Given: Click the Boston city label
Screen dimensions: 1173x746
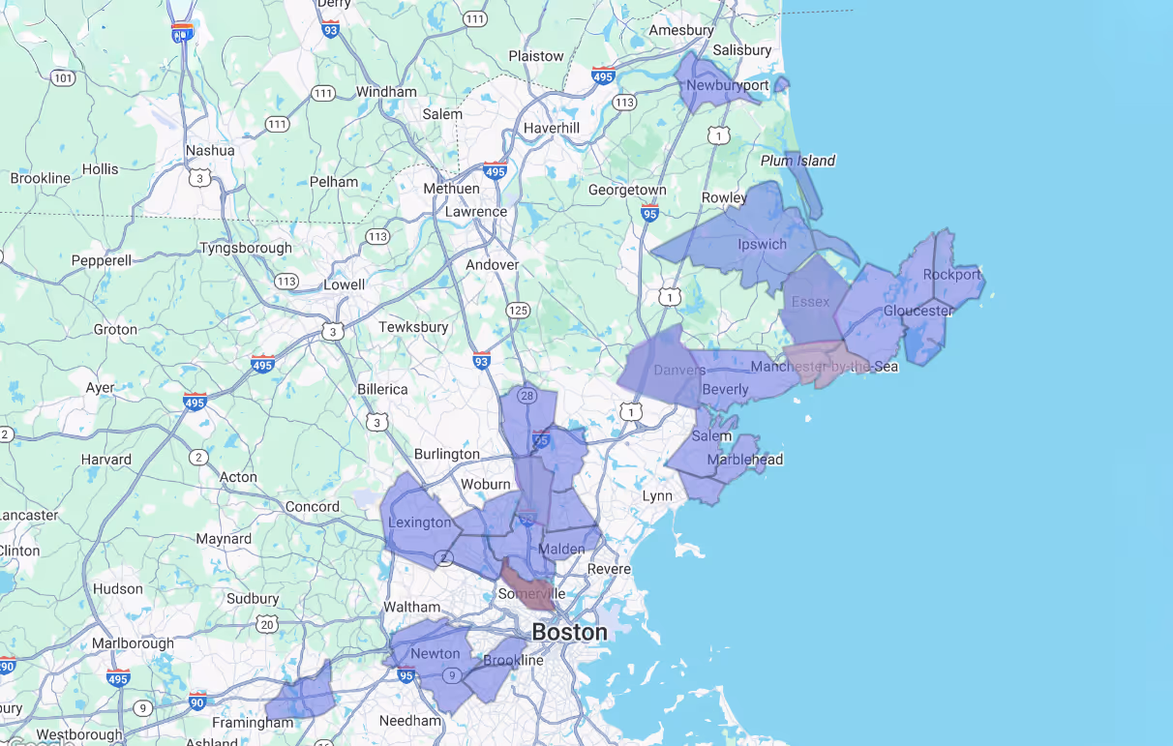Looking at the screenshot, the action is point(569,632).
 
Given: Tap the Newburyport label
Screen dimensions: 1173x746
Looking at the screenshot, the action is point(727,85).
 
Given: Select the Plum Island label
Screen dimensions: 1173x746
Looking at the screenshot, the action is point(797,161).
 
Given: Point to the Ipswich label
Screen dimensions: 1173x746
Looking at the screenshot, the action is point(762,244).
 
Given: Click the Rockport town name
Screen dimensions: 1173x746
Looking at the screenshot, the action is point(951,274).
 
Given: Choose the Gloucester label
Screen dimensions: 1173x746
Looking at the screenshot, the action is point(917,311).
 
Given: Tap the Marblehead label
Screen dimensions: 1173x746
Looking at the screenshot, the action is point(744,459).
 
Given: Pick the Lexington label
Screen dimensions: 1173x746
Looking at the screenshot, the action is point(419,522).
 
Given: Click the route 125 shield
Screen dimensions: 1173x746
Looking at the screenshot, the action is point(518,310).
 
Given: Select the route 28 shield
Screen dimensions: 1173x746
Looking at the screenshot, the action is point(527,395).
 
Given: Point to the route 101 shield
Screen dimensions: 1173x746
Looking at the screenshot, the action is point(64,77).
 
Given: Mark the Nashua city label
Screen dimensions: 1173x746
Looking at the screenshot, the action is point(210,150).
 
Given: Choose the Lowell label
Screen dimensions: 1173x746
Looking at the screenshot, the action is point(344,284).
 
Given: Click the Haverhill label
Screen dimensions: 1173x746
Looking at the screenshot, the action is point(551,128).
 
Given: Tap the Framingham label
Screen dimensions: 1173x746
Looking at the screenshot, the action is point(253,722).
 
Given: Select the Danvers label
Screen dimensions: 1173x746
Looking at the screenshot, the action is point(679,371).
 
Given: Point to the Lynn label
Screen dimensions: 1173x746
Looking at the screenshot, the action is point(657,495).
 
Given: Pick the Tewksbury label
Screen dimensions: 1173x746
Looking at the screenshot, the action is point(413,327).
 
